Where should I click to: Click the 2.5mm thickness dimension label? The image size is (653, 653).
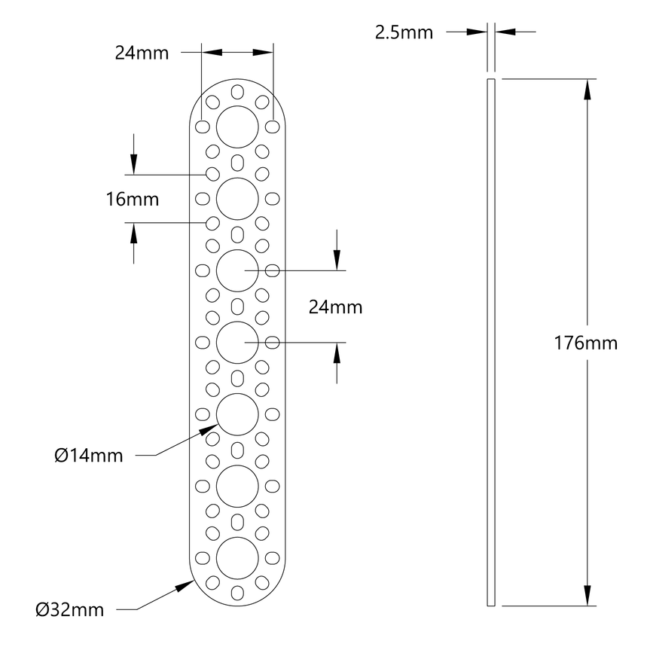point(404,32)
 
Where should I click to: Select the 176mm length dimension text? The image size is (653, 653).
point(585,343)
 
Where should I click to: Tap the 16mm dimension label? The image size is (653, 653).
point(133,200)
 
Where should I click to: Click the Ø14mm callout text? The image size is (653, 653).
point(89,456)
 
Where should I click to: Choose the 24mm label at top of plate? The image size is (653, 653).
point(142,53)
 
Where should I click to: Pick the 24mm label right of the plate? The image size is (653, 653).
point(335,307)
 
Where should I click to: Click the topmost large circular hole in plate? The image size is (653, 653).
point(237,127)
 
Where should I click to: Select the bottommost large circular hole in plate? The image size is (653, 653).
point(237,558)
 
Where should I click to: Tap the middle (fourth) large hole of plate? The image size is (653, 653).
point(237,343)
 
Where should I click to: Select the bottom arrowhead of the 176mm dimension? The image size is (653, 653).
point(587,597)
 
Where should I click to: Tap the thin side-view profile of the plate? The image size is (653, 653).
point(491,343)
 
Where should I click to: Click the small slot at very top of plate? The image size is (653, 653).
point(237,93)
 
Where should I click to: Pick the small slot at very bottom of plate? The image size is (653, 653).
point(237,592)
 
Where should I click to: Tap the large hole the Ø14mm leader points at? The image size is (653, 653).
point(237,414)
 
